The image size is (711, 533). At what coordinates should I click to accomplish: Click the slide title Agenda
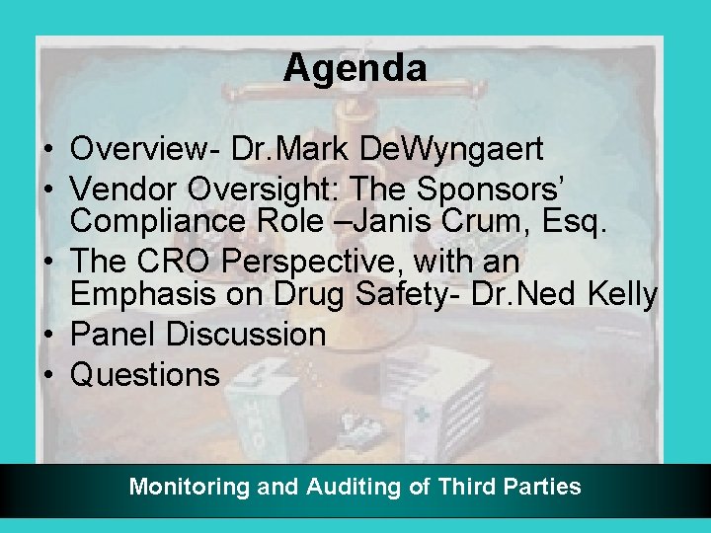pyautogui.click(x=355, y=68)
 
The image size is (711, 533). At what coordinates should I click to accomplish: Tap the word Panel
pyautogui.click(x=115, y=334)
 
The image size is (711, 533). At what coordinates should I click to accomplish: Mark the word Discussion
pyautogui.click(x=246, y=334)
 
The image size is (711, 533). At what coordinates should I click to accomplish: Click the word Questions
pyautogui.click(x=145, y=374)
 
